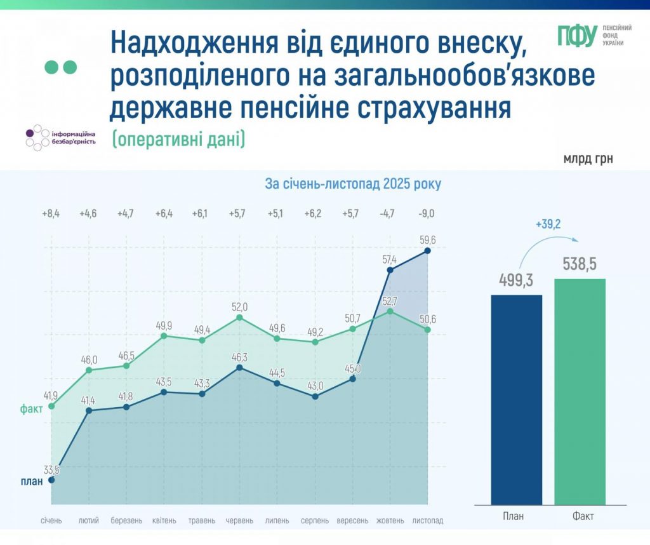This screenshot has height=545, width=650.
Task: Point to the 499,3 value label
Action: (x=517, y=280)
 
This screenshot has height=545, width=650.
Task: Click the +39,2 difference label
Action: (x=548, y=224)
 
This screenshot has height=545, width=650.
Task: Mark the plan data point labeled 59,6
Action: (x=428, y=251)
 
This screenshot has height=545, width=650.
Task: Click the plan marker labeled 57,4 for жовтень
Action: (x=390, y=270)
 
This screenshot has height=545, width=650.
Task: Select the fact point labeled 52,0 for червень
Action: (x=239, y=317)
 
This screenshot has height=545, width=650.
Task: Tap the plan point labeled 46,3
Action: (x=239, y=367)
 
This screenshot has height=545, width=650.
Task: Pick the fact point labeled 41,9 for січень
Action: (x=51, y=405)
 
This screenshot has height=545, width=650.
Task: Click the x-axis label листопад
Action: (x=428, y=521)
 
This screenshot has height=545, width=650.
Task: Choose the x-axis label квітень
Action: (x=164, y=521)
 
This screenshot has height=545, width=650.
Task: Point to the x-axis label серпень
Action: (x=315, y=521)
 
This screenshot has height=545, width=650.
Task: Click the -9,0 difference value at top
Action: (x=427, y=213)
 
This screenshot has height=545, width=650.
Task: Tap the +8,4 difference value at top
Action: (x=51, y=213)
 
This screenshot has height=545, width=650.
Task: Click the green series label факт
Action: (x=31, y=409)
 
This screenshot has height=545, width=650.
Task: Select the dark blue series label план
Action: (x=31, y=481)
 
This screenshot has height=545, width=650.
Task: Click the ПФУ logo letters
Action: (x=577, y=36)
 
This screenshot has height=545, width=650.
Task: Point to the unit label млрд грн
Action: (x=588, y=158)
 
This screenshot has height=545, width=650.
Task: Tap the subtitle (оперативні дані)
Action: (x=178, y=139)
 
